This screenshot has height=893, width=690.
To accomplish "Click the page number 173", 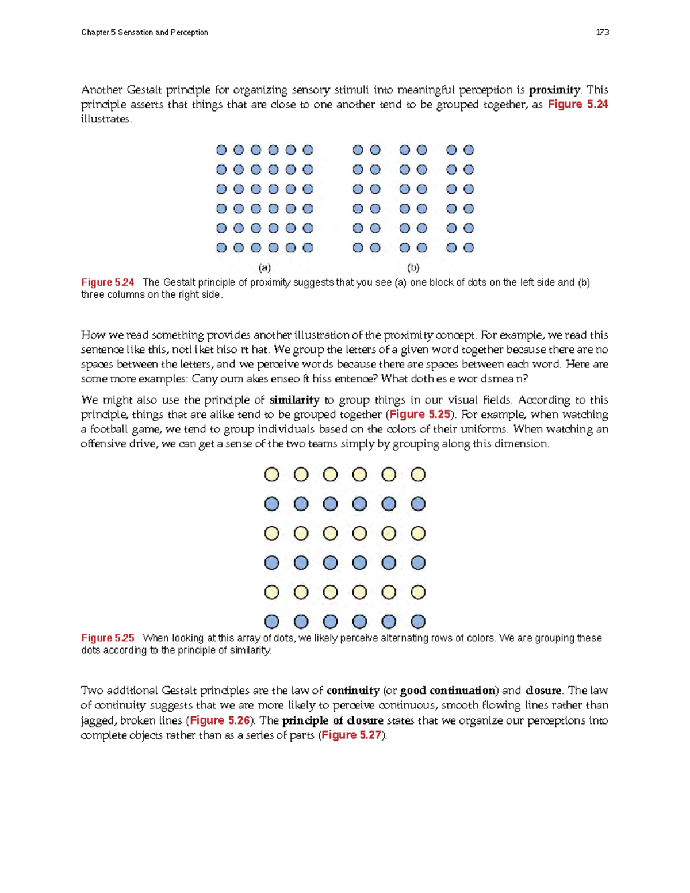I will click(x=602, y=32).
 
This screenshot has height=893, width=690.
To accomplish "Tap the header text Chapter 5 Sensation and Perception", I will click(x=144, y=32).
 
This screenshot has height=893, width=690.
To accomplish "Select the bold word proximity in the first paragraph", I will click(x=554, y=90).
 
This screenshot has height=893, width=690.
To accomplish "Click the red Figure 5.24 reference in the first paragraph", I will click(x=577, y=104).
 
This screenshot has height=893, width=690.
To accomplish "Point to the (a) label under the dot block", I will click(x=264, y=267).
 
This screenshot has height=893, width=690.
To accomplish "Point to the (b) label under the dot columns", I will click(x=413, y=267).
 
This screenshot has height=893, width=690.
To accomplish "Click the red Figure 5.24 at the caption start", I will click(x=108, y=282).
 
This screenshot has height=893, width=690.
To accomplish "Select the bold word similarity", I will click(x=294, y=400).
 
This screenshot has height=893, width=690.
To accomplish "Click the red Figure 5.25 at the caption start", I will click(x=108, y=638).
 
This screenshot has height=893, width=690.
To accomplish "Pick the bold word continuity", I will click(x=352, y=691).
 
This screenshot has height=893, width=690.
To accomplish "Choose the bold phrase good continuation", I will click(x=447, y=691).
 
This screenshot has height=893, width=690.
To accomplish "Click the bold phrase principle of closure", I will click(x=332, y=720).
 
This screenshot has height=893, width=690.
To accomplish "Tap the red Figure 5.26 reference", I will click(x=220, y=720).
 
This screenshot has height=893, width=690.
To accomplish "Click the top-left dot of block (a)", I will click(x=221, y=150).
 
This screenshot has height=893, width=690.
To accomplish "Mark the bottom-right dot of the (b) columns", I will click(x=469, y=248).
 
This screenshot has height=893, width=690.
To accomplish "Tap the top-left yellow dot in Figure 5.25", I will click(x=271, y=474).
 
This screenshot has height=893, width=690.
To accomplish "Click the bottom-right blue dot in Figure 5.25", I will click(x=418, y=622).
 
